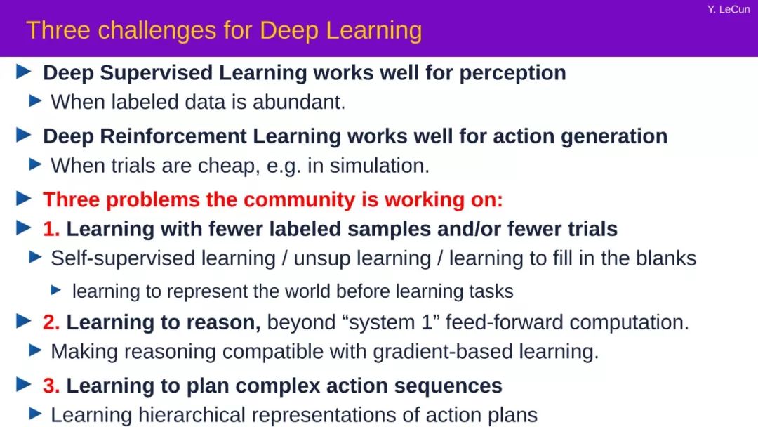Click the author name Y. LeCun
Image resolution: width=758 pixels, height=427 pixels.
click(729, 9)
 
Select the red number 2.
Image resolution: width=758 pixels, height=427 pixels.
click(51, 322)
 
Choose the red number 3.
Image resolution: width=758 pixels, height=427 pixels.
click(51, 386)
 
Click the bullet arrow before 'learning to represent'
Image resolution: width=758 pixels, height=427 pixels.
click(56, 290)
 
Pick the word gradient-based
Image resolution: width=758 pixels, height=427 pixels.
click(443, 352)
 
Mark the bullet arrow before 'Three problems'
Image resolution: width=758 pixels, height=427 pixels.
click(24, 198)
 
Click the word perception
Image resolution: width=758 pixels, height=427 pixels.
click(512, 74)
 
